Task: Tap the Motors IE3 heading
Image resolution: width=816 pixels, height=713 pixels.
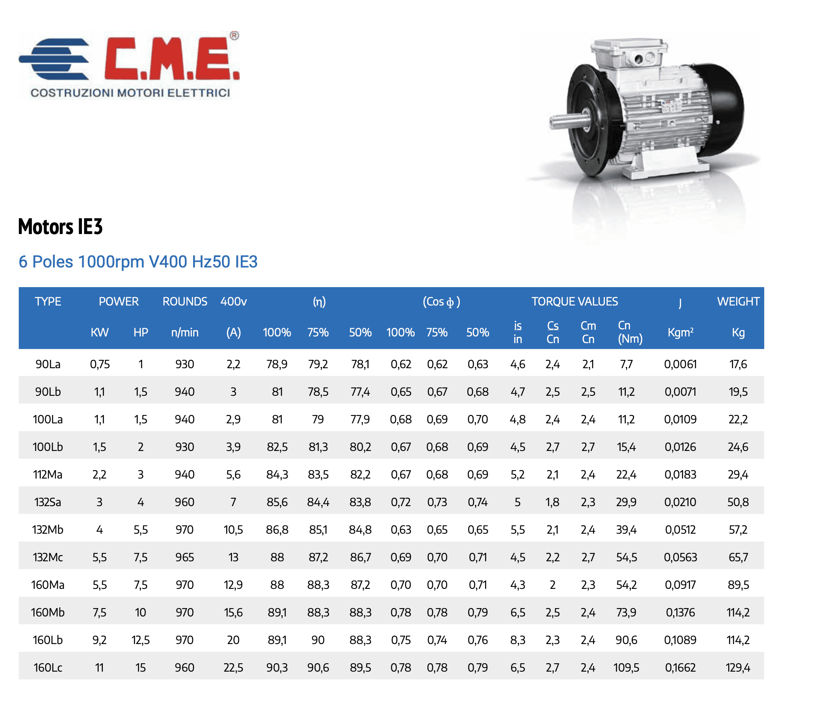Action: click(60, 227)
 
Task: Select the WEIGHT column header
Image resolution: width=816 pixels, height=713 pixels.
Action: click(738, 301)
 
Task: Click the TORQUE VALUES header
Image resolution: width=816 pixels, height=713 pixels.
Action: click(574, 301)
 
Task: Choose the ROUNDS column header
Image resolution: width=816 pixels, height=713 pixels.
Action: click(185, 301)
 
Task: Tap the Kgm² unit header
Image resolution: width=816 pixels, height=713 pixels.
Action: click(680, 332)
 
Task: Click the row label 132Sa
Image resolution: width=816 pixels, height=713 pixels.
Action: click(48, 502)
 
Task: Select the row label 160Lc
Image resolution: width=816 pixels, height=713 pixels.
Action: click(48, 667)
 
